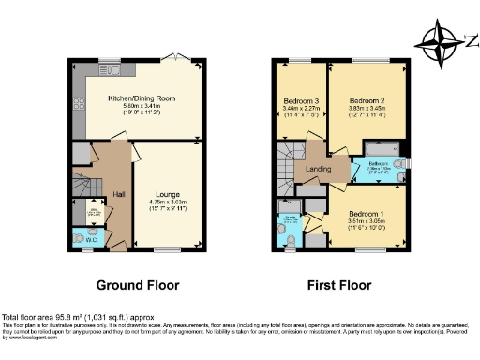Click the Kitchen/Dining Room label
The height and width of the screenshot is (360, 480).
click(x=142, y=97)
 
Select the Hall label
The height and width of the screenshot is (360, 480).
click(x=120, y=194)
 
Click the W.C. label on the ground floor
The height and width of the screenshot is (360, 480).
click(x=91, y=238)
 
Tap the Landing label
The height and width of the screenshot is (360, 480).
click(x=309, y=169)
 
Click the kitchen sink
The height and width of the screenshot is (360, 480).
click(x=112, y=69)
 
